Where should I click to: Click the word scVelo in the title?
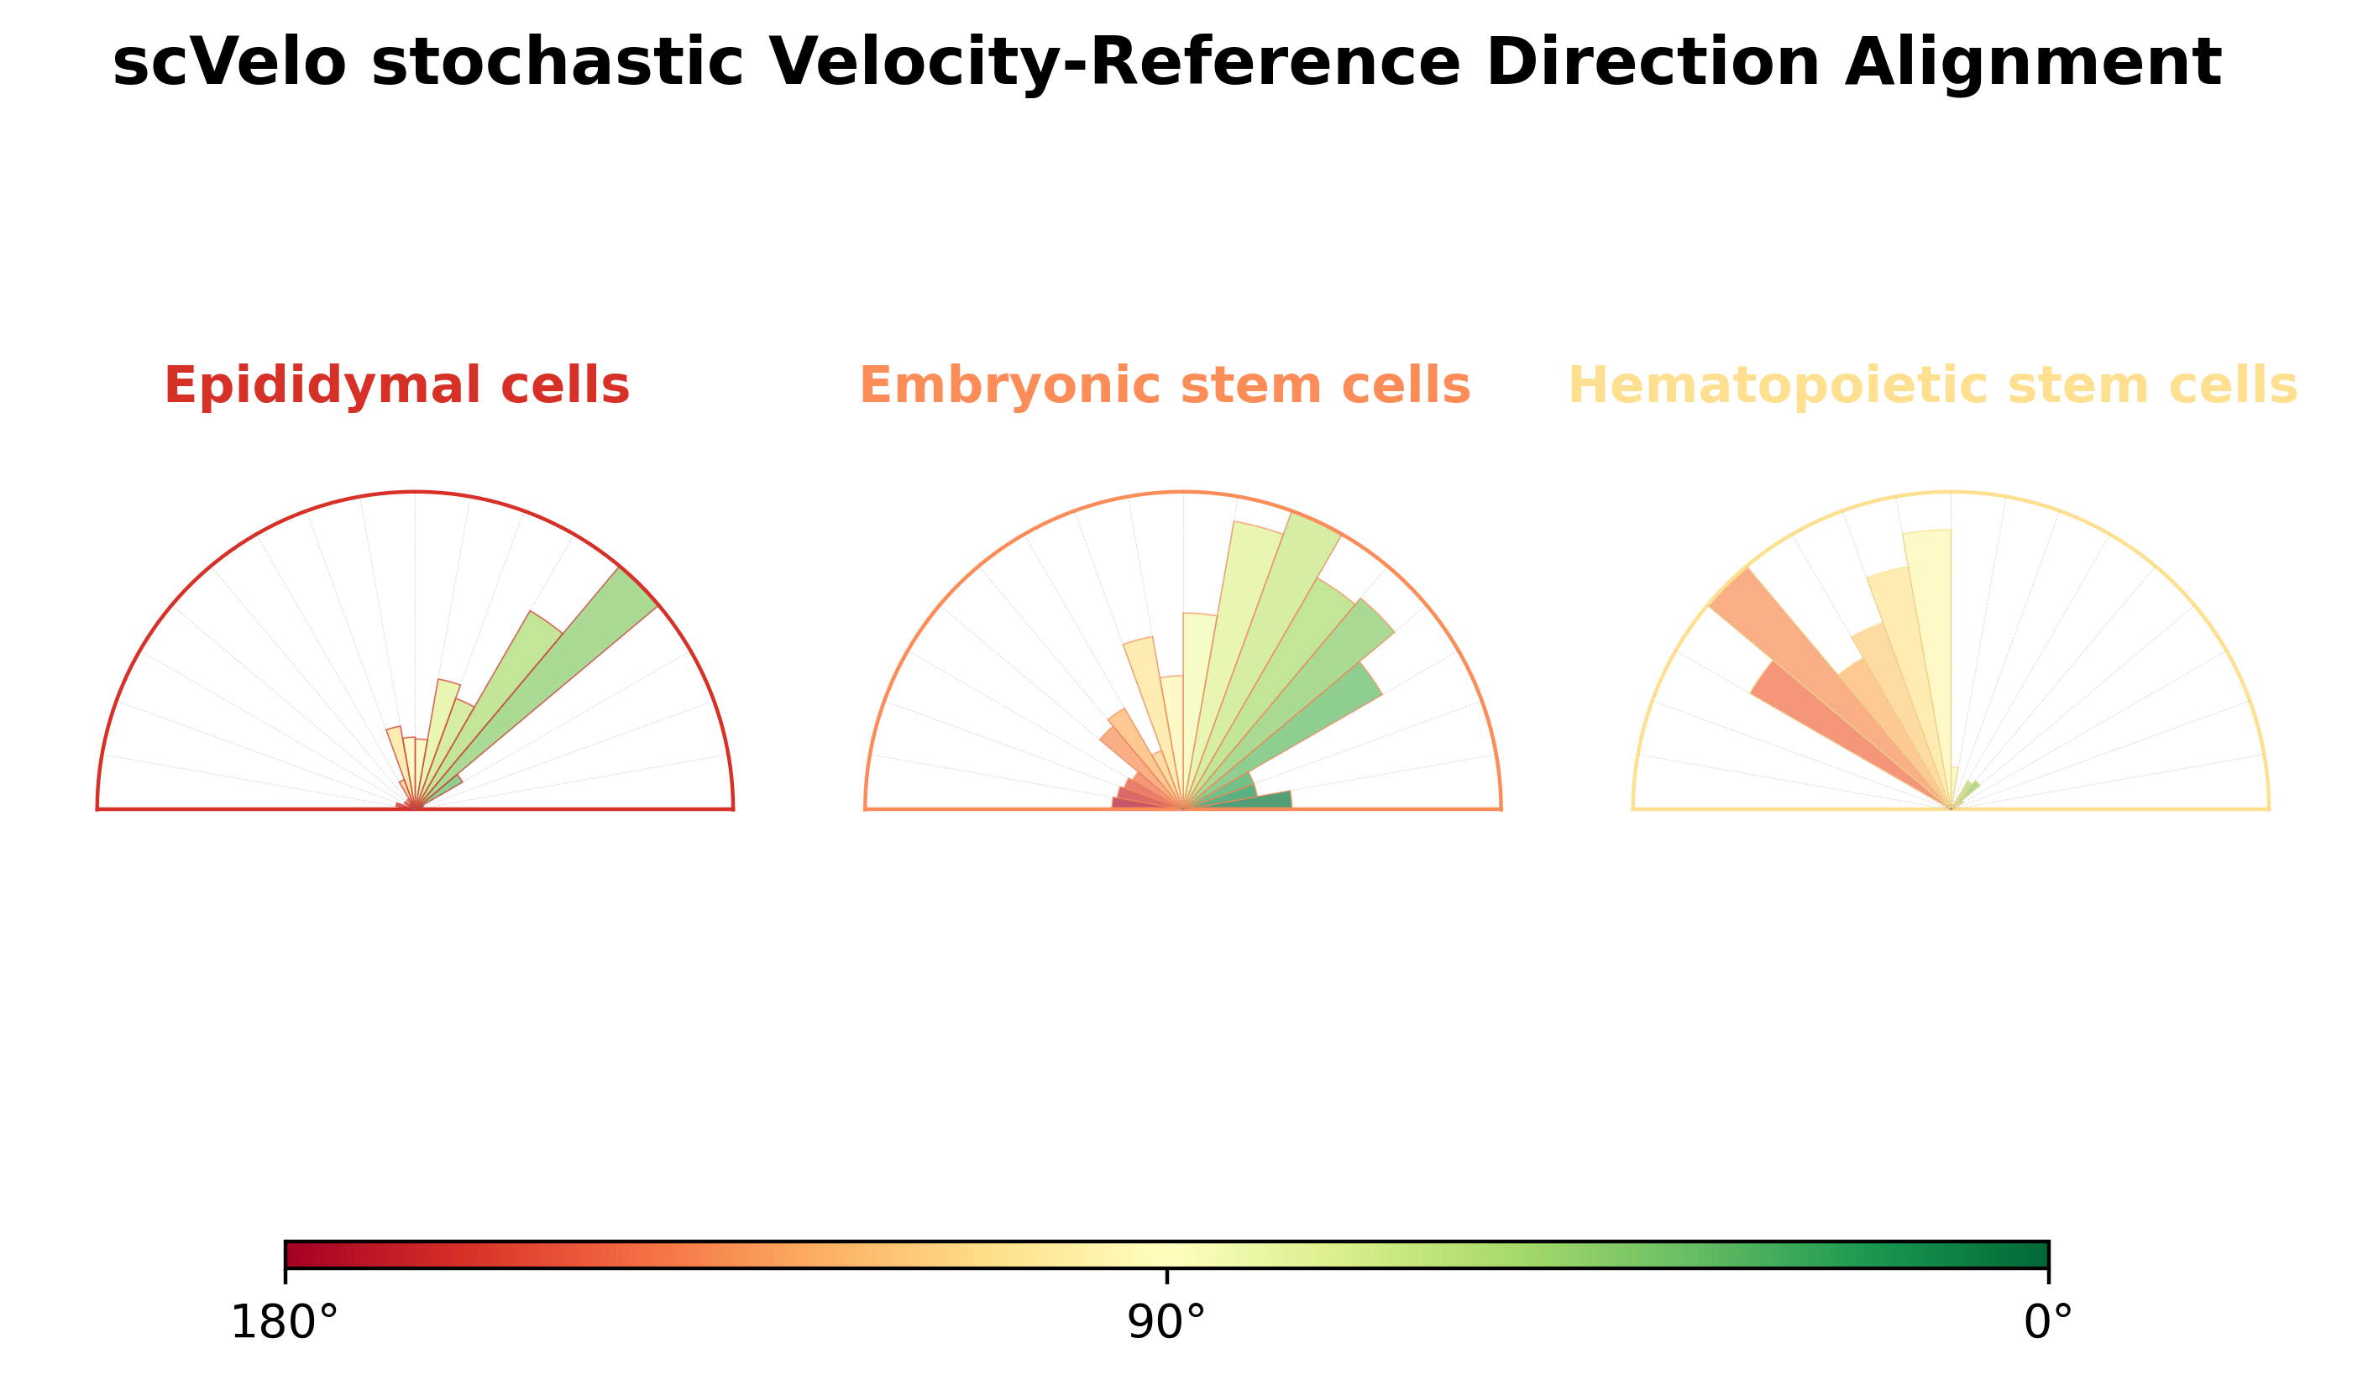pyautogui.click(x=229, y=64)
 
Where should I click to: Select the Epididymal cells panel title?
pyautogui.click(x=396, y=386)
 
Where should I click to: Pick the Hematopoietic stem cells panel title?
pyautogui.click(x=1933, y=386)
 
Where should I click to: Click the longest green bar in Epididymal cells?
pyautogui.click(x=563, y=667)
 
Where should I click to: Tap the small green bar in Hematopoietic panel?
pyautogui.click(x=1967, y=791)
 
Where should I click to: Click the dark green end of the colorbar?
pyautogui.click(x=2035, y=1255)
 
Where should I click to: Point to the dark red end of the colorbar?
pyautogui.click(x=299, y=1255)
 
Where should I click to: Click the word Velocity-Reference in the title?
pyautogui.click(x=1114, y=64)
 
